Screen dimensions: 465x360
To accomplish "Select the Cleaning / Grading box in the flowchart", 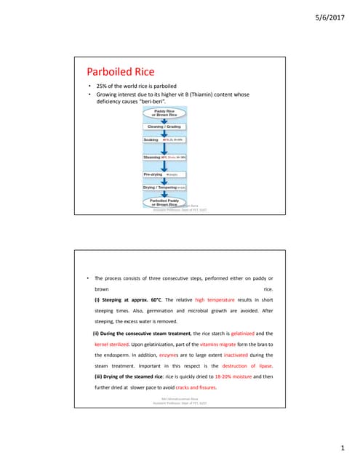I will coord(164,126).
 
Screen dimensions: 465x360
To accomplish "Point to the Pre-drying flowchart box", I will coord(164,174).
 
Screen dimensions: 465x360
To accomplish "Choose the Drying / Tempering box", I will coord(164,187).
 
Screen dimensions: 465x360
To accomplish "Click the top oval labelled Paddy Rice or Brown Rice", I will coord(164,113).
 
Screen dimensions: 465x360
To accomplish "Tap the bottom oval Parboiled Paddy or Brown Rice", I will coord(164,203).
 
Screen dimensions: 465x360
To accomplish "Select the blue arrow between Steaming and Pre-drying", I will coord(164,166).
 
